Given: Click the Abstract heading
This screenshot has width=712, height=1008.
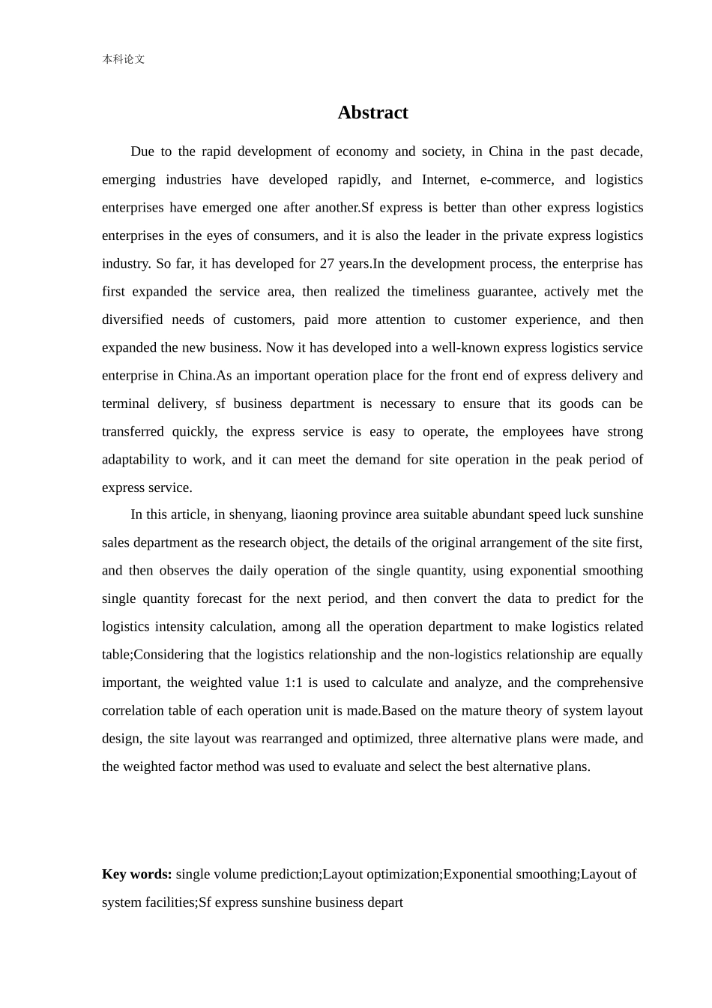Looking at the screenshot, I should pyautogui.click(x=372, y=112).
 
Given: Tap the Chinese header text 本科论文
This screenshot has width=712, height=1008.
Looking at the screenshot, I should pyautogui.click(x=124, y=59).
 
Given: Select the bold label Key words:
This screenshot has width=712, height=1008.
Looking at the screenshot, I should pyautogui.click(x=137, y=874).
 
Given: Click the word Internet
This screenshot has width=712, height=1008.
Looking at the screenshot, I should pyautogui.click(x=444, y=180).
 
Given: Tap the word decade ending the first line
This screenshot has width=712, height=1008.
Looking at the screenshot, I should pyautogui.click(x=621, y=151).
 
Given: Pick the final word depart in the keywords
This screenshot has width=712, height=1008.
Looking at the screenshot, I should pyautogui.click(x=384, y=903).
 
